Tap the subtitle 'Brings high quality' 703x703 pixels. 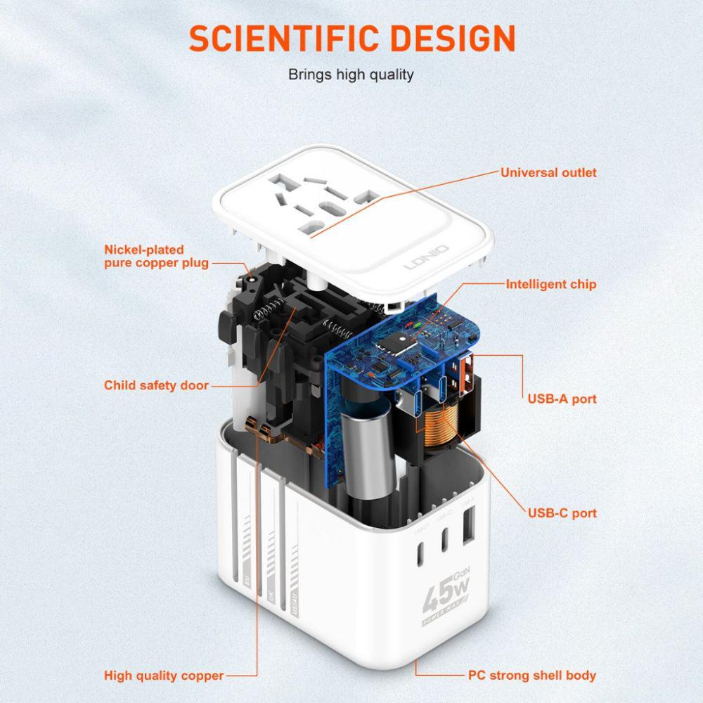coord(351,75)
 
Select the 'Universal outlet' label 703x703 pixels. coord(548,172)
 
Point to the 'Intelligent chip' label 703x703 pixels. coord(550,284)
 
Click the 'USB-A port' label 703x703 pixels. coord(562,399)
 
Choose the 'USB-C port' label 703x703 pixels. coord(562,512)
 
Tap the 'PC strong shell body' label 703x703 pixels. coord(532,676)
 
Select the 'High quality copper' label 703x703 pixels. coord(164,676)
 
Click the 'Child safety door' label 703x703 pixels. coord(156,385)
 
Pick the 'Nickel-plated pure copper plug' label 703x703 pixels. coord(156,256)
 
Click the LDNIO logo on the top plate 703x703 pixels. coord(427,259)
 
